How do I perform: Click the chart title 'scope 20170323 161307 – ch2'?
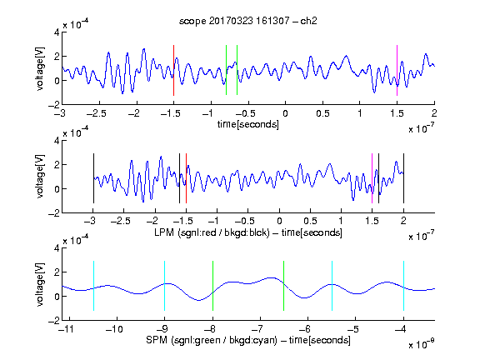(248, 21)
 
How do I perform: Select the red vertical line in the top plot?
(173, 70)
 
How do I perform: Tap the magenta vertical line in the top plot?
(397, 70)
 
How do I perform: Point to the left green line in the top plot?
(226, 70)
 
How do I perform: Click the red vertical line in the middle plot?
(186, 178)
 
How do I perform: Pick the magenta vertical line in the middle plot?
(372, 178)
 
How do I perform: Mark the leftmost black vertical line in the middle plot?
(93, 178)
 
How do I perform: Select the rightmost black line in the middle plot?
(403, 178)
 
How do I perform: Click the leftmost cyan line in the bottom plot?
(93, 286)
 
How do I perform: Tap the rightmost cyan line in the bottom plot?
(403, 286)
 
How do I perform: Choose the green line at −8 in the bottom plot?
(212, 286)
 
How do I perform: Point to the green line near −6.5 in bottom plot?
(284, 286)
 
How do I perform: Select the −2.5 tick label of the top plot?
(97, 113)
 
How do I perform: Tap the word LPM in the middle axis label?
(164, 232)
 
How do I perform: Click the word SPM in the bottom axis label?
(157, 340)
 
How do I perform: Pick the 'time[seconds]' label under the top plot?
(248, 124)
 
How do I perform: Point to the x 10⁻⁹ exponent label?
(422, 343)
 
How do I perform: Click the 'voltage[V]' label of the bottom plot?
(40, 284)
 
